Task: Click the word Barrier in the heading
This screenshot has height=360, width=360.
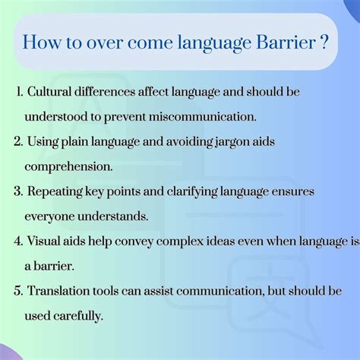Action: [x=286, y=43]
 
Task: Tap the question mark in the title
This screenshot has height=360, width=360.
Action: [x=324, y=43]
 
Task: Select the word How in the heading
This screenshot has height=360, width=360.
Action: [x=42, y=43]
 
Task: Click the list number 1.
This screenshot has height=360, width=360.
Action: [x=20, y=91]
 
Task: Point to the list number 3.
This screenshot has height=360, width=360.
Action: [x=18, y=191]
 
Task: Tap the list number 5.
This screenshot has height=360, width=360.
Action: [x=18, y=291]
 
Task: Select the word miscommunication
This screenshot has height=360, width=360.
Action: [x=203, y=117]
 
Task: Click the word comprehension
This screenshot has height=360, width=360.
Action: [x=68, y=167]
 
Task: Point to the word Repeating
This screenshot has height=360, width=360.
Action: [x=55, y=191]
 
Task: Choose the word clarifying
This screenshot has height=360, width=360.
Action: [x=192, y=191]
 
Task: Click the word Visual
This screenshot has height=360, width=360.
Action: [x=43, y=241]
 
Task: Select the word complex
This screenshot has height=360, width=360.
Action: [x=180, y=242]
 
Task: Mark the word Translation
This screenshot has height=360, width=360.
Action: [x=58, y=291]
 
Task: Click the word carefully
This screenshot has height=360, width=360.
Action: [x=78, y=316]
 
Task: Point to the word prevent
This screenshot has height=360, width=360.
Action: [x=125, y=118]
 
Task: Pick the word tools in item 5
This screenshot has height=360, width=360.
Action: [x=106, y=291]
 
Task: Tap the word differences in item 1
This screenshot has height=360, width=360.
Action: [x=105, y=91]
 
